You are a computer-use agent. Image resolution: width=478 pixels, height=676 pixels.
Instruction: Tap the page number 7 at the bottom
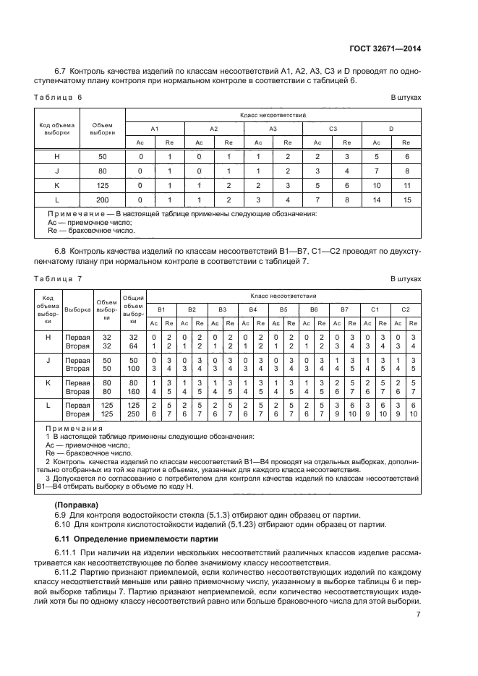[419, 615]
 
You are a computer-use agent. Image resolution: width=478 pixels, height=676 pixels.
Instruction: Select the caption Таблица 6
[59, 96]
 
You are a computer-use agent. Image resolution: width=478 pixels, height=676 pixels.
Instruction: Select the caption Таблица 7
[59, 278]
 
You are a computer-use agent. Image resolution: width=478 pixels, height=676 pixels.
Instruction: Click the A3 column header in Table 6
[273, 128]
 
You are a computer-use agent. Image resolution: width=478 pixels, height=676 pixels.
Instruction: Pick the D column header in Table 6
[391, 128]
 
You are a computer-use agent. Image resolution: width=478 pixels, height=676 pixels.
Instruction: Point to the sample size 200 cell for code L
[103, 200]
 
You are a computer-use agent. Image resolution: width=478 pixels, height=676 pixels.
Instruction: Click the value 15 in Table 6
[406, 200]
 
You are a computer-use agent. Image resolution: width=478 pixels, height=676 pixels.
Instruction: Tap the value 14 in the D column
[377, 200]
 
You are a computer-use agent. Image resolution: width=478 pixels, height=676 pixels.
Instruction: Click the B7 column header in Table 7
[343, 309]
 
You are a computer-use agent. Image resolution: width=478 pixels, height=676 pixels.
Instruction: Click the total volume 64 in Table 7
[133, 346]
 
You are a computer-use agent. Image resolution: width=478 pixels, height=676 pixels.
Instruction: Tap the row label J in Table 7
[48, 360]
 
